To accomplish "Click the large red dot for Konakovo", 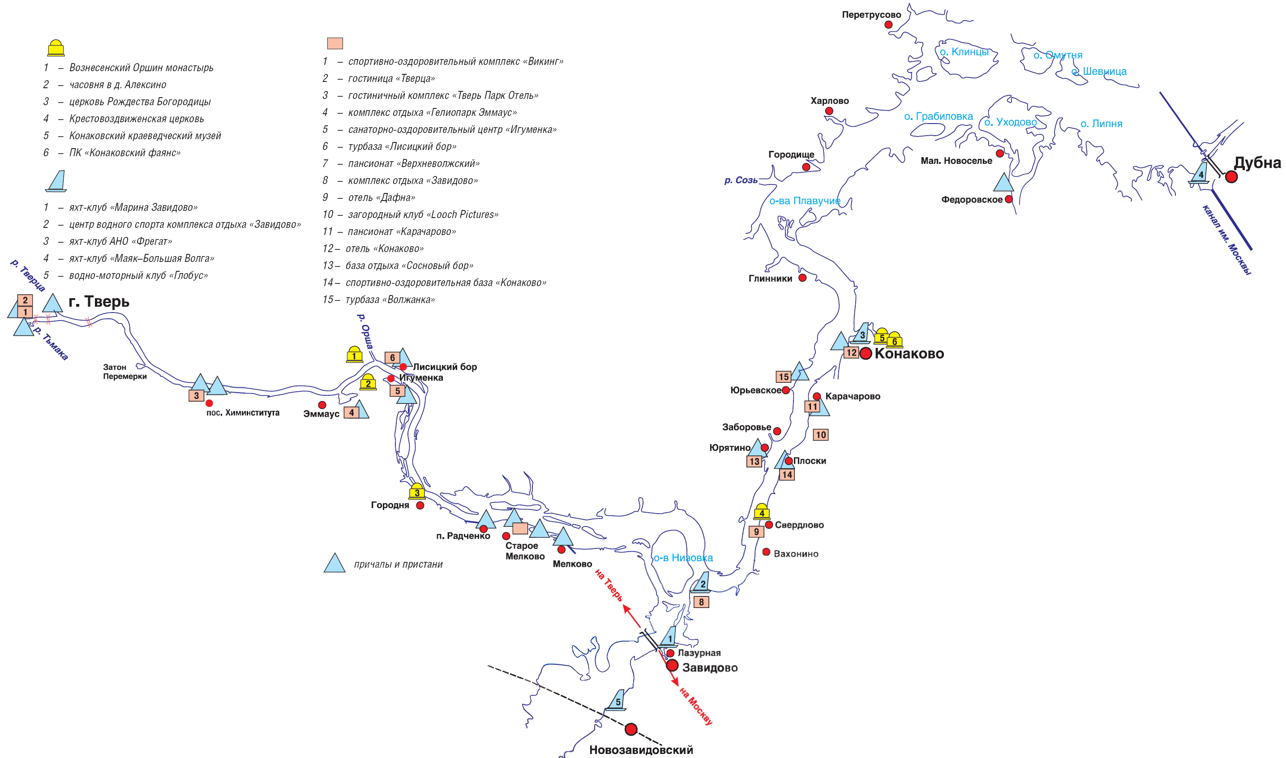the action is [x=865, y=353].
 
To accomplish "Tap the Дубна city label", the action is [x=1257, y=163].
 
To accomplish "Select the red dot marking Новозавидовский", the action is [x=631, y=729].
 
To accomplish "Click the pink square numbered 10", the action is [x=820, y=435].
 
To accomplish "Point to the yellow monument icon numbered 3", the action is [x=417, y=491].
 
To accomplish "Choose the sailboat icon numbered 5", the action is [x=617, y=700].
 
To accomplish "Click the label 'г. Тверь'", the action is [x=99, y=301].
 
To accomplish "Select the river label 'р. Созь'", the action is [x=741, y=180].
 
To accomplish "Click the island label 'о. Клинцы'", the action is [x=964, y=51].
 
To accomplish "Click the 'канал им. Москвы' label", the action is [x=1226, y=240].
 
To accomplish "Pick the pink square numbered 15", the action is [x=784, y=377].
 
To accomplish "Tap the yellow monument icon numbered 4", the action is [x=762, y=512].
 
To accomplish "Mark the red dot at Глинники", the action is [x=802, y=278].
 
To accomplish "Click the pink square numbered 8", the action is [x=701, y=602].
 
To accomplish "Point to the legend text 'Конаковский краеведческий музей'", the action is [x=145, y=136].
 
